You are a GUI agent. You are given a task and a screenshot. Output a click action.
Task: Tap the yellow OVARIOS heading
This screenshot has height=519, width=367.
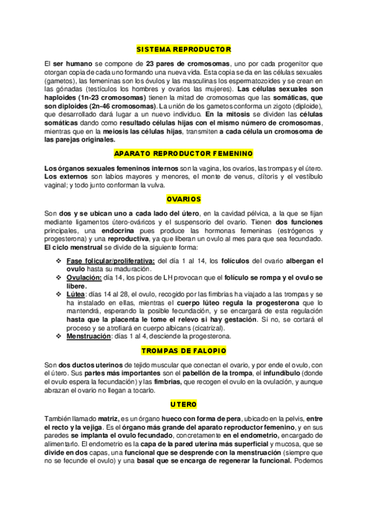pyautogui.click(x=183, y=199)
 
